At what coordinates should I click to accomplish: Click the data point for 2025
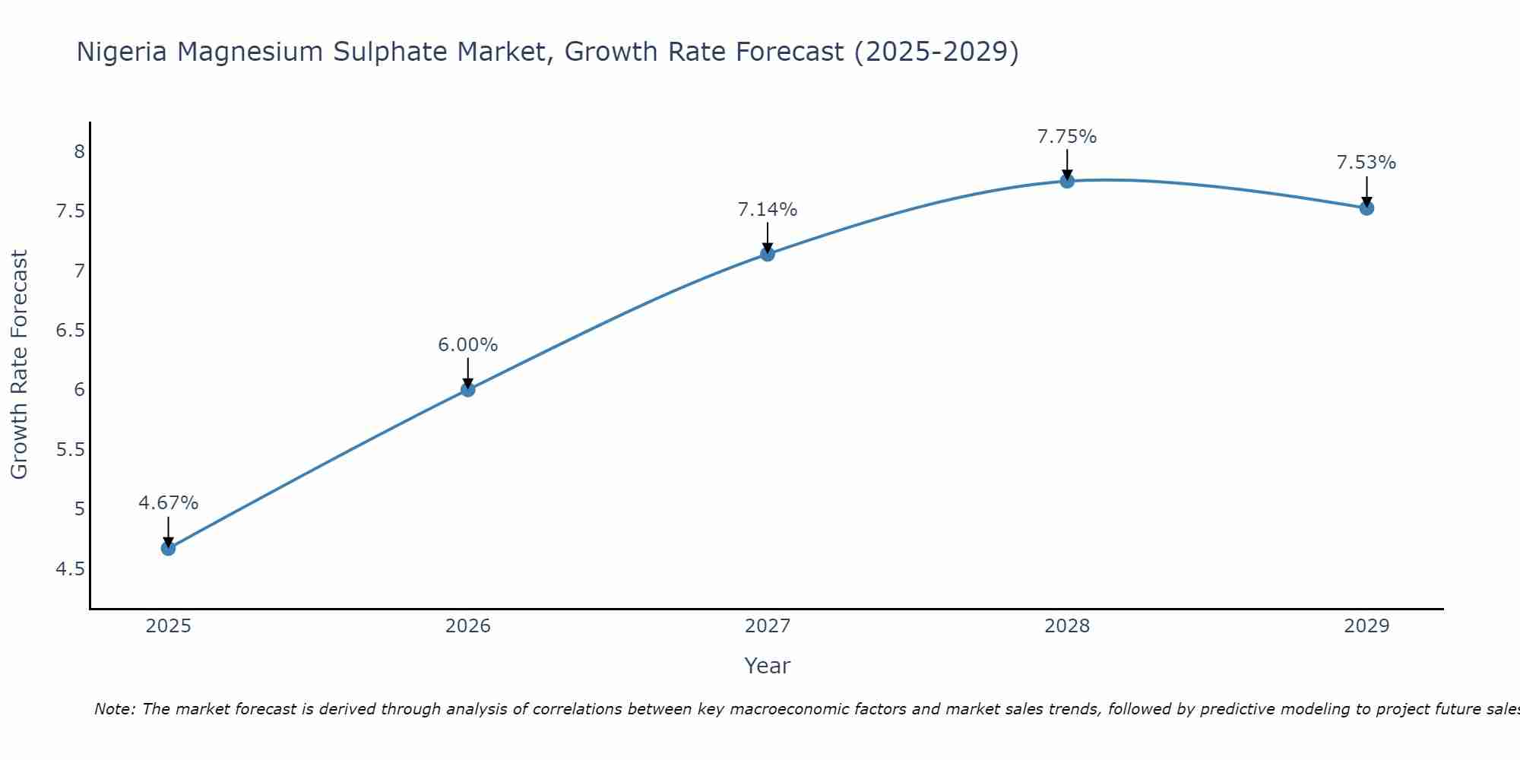168,548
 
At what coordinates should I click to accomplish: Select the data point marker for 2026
467,390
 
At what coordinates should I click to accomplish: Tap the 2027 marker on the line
768,254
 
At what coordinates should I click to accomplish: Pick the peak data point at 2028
1067,181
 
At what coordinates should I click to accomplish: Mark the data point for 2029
1366,207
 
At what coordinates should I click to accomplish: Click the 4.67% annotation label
168,503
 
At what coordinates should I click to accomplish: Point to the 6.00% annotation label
467,345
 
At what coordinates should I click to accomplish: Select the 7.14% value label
768,210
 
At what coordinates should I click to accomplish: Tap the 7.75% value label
1067,137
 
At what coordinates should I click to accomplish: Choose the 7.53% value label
1366,163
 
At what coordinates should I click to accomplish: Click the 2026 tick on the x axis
467,626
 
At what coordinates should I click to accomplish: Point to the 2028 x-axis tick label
1067,626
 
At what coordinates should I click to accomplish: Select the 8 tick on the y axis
79,152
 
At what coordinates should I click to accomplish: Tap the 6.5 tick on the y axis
70,331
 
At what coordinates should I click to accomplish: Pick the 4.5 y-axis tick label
70,569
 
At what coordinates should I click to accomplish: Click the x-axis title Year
768,666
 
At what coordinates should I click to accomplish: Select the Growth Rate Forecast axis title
19,365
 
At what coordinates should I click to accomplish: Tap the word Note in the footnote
113,709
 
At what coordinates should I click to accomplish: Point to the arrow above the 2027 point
768,237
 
